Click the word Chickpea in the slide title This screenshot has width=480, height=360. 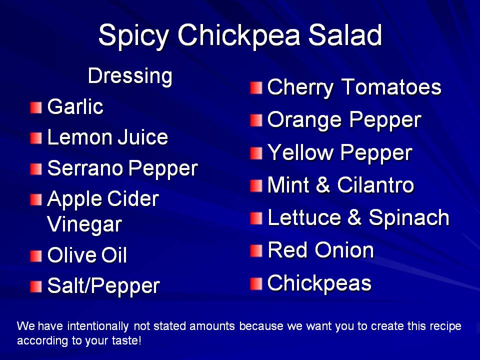pos(239,35)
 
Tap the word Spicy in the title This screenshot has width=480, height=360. pos(134,36)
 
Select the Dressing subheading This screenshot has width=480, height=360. pos(130,76)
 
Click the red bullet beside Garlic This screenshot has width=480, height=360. pos(36,107)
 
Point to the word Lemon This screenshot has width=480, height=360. pos(80,137)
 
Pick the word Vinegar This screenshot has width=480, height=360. pos(84,225)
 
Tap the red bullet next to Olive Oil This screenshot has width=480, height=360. pos(36,256)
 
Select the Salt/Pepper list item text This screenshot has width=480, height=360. pos(103,286)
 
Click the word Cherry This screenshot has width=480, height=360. pos(300,88)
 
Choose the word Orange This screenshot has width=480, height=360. pos(304,120)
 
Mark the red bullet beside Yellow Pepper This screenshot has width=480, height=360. pos(256,153)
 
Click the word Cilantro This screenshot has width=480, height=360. pos(375,185)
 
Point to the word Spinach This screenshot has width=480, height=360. pos(409,218)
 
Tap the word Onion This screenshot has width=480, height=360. pos(344,250)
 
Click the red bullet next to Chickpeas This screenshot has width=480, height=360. pos(256,283)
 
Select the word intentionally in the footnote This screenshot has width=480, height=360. pos(97,326)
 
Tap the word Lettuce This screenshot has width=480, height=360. pos(304,217)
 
